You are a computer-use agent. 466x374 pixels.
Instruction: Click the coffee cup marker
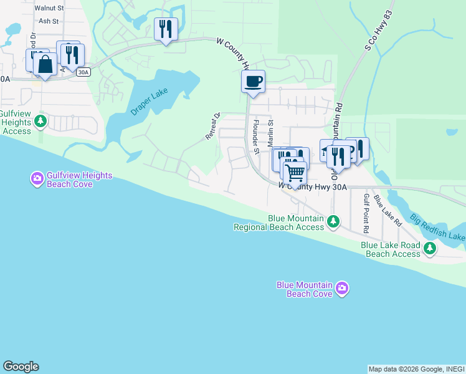coord(253,82)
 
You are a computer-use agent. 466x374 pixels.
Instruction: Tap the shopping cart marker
coord(295,171)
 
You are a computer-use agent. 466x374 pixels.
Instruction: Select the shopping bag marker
coord(45,64)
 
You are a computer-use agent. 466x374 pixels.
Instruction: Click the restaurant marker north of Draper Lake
coord(166,29)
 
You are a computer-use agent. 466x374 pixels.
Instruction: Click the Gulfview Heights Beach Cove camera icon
coord(37,180)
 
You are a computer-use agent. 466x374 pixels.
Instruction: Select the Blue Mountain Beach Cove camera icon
coord(341,288)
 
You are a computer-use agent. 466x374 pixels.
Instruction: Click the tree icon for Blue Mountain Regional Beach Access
coord(334,221)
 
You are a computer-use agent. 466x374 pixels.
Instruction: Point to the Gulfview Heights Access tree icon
coord(41,120)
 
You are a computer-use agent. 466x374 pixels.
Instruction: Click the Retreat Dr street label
coord(213,126)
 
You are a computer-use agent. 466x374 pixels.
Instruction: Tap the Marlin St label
coord(271,133)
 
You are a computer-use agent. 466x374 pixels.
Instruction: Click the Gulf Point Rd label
coord(366,213)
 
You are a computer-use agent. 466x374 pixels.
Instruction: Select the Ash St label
coord(48,21)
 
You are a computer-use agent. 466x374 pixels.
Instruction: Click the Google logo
coord(21,367)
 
